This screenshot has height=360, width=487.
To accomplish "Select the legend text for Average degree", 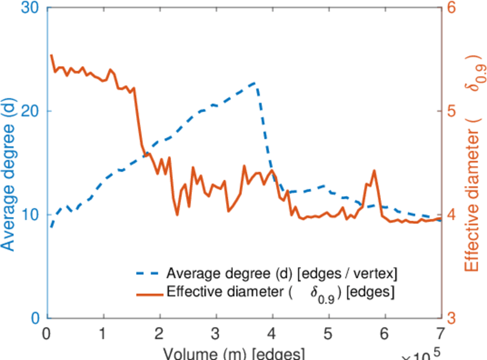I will click(282, 274).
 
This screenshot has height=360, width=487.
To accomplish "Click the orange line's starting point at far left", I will click(52, 56).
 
